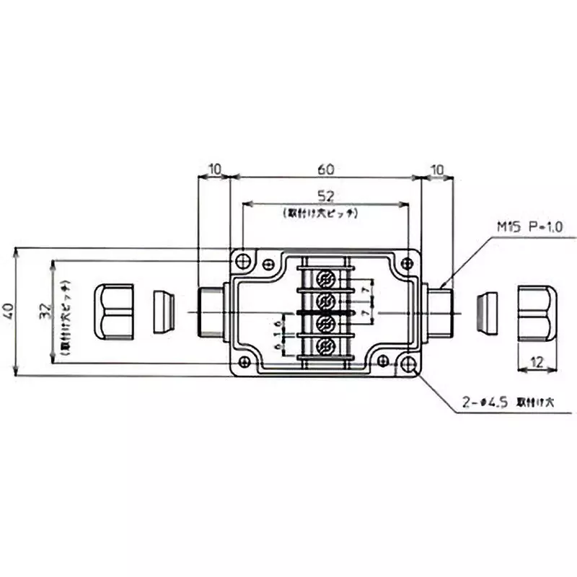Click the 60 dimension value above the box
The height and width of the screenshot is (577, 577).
pyautogui.click(x=325, y=169)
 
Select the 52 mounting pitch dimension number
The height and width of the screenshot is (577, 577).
pyautogui.click(x=325, y=195)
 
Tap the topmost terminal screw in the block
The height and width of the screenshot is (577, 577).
pyautogui.click(x=325, y=278)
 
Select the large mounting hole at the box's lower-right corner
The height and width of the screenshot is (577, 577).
pyautogui.click(x=409, y=364)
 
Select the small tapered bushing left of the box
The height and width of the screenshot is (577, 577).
pyautogui.click(x=164, y=312)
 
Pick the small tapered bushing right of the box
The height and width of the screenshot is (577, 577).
pyautogui.click(x=490, y=312)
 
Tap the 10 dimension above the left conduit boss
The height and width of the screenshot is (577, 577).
pyautogui.click(x=214, y=169)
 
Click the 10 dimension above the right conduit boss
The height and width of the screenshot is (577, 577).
pyautogui.click(x=437, y=169)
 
